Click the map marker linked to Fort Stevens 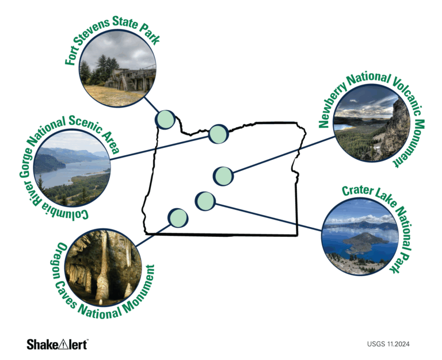point(165,119)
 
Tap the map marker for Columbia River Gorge point(218,133)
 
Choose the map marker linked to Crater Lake point(205,201)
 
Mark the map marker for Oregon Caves point(177,217)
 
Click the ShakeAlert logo point(57,344)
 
